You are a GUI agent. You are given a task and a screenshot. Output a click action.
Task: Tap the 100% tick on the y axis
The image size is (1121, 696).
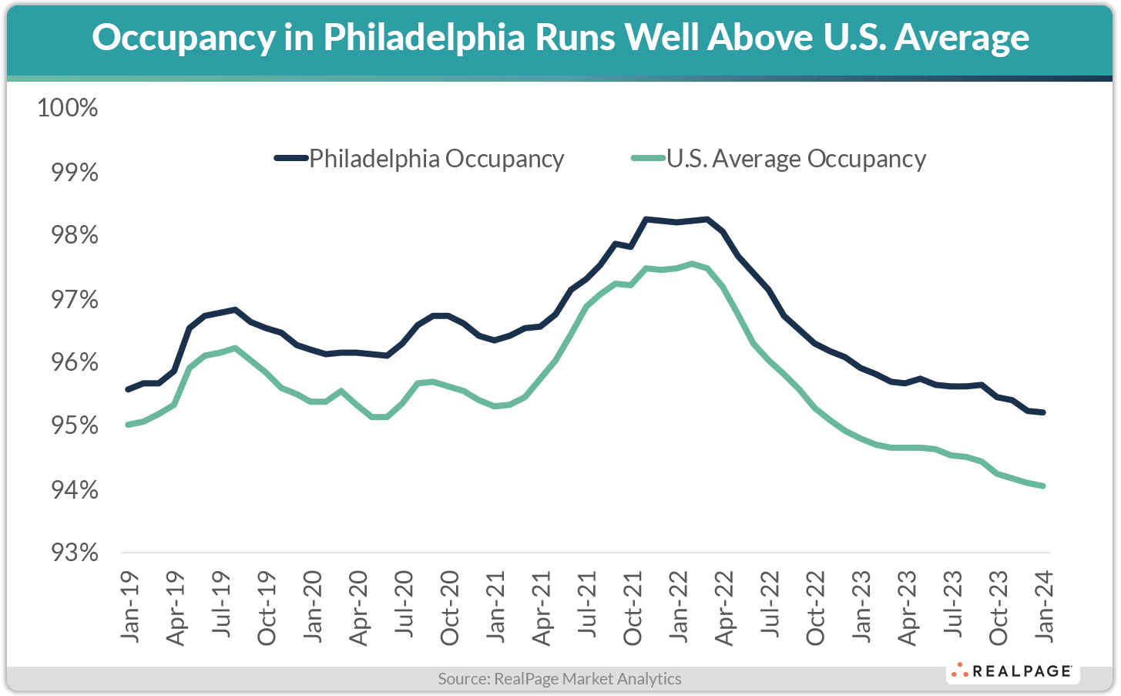point(68,108)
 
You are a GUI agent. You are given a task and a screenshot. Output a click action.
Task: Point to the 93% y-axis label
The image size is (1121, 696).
point(68,553)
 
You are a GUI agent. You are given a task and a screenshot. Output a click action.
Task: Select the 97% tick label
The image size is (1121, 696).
point(68,299)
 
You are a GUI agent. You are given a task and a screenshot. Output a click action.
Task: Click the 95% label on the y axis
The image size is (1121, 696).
point(68,425)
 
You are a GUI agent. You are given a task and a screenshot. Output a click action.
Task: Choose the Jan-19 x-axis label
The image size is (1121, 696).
point(129,607)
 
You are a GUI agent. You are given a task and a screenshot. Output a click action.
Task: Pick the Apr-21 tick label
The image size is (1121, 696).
point(542,607)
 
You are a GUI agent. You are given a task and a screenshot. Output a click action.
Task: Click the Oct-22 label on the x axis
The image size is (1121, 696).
point(816,607)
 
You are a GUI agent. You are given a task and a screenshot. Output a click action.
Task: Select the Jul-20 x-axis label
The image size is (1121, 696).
point(404,607)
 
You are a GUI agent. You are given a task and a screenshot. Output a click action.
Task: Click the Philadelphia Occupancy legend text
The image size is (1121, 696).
point(437,159)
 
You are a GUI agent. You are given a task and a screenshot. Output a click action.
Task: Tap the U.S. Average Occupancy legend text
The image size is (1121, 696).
point(796,159)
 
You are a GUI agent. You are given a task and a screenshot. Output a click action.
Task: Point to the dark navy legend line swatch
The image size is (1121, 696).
point(291,158)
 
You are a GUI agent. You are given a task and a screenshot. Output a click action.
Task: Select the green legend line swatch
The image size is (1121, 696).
point(648,158)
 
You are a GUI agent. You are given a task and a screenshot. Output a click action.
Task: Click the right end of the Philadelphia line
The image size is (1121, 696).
point(1043,412)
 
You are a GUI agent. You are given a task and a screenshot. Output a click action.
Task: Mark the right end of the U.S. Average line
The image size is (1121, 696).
point(1043,486)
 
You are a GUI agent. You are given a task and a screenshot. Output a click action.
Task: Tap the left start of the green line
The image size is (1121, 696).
point(128,425)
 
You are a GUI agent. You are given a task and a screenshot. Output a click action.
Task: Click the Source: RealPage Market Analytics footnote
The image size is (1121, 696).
point(559,679)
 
